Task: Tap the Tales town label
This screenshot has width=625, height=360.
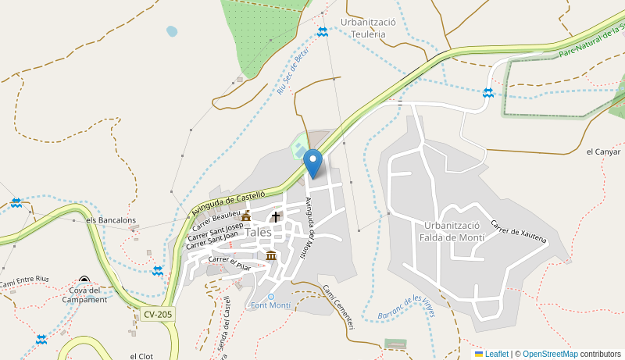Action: click(258, 232)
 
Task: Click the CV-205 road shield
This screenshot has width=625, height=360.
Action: click(158, 314)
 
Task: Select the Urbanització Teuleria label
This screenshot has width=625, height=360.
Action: click(369, 28)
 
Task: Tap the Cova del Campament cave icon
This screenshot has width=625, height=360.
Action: click(84, 280)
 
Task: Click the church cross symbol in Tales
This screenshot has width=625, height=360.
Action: click(275, 217)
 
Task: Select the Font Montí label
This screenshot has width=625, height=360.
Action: click(270, 305)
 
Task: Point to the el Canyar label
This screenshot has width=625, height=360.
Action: click(602, 151)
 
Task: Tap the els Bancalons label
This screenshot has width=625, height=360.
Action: click(111, 220)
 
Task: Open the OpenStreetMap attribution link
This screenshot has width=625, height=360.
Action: click(550, 354)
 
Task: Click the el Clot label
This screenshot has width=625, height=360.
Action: click(143, 356)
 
